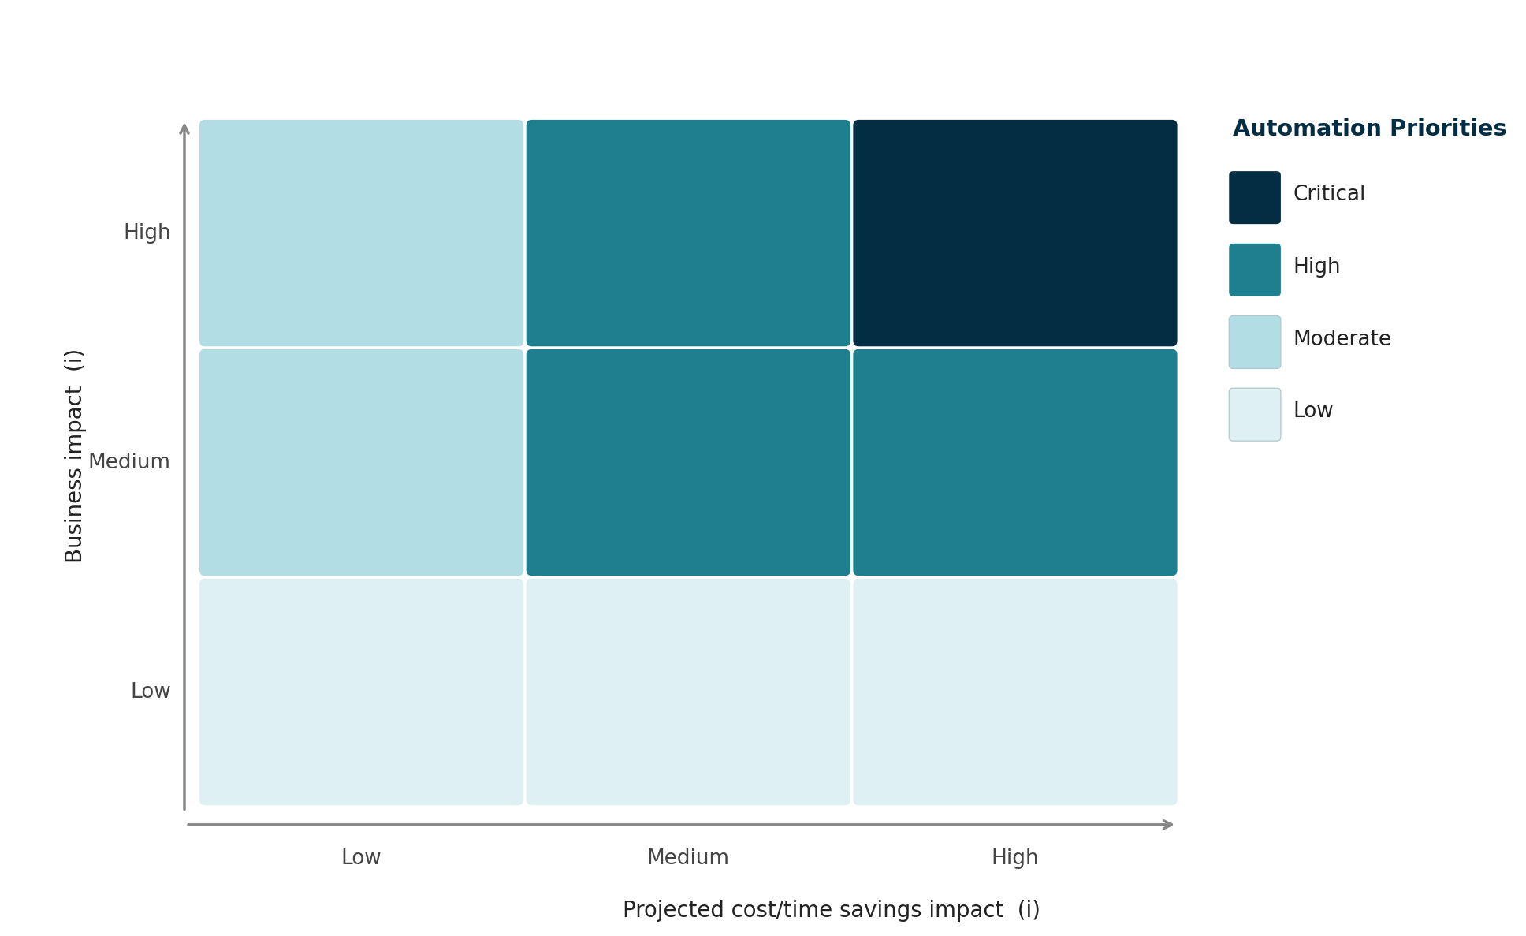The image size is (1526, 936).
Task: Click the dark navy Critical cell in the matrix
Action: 1014,233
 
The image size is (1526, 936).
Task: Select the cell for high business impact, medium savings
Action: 688,233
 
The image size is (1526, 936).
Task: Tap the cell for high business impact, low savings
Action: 361,233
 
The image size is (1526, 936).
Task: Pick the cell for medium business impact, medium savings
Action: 688,462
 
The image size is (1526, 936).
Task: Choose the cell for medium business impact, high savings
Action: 1014,462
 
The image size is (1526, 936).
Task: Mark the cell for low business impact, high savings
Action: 1014,692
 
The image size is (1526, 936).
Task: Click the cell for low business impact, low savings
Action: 361,692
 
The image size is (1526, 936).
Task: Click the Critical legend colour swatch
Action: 1254,197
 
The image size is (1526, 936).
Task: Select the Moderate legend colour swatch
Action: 1254,342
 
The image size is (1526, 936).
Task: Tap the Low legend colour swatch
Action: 1254,414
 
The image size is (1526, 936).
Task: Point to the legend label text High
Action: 1316,267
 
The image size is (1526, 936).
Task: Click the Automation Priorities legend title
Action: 1369,129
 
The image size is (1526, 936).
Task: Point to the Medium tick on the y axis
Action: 129,462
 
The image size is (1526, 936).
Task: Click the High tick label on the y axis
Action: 147,233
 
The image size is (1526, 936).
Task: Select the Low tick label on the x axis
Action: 361,858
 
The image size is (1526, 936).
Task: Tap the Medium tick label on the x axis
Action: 688,858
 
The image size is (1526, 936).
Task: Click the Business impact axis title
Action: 74,456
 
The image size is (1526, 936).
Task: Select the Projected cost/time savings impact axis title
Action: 831,910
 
